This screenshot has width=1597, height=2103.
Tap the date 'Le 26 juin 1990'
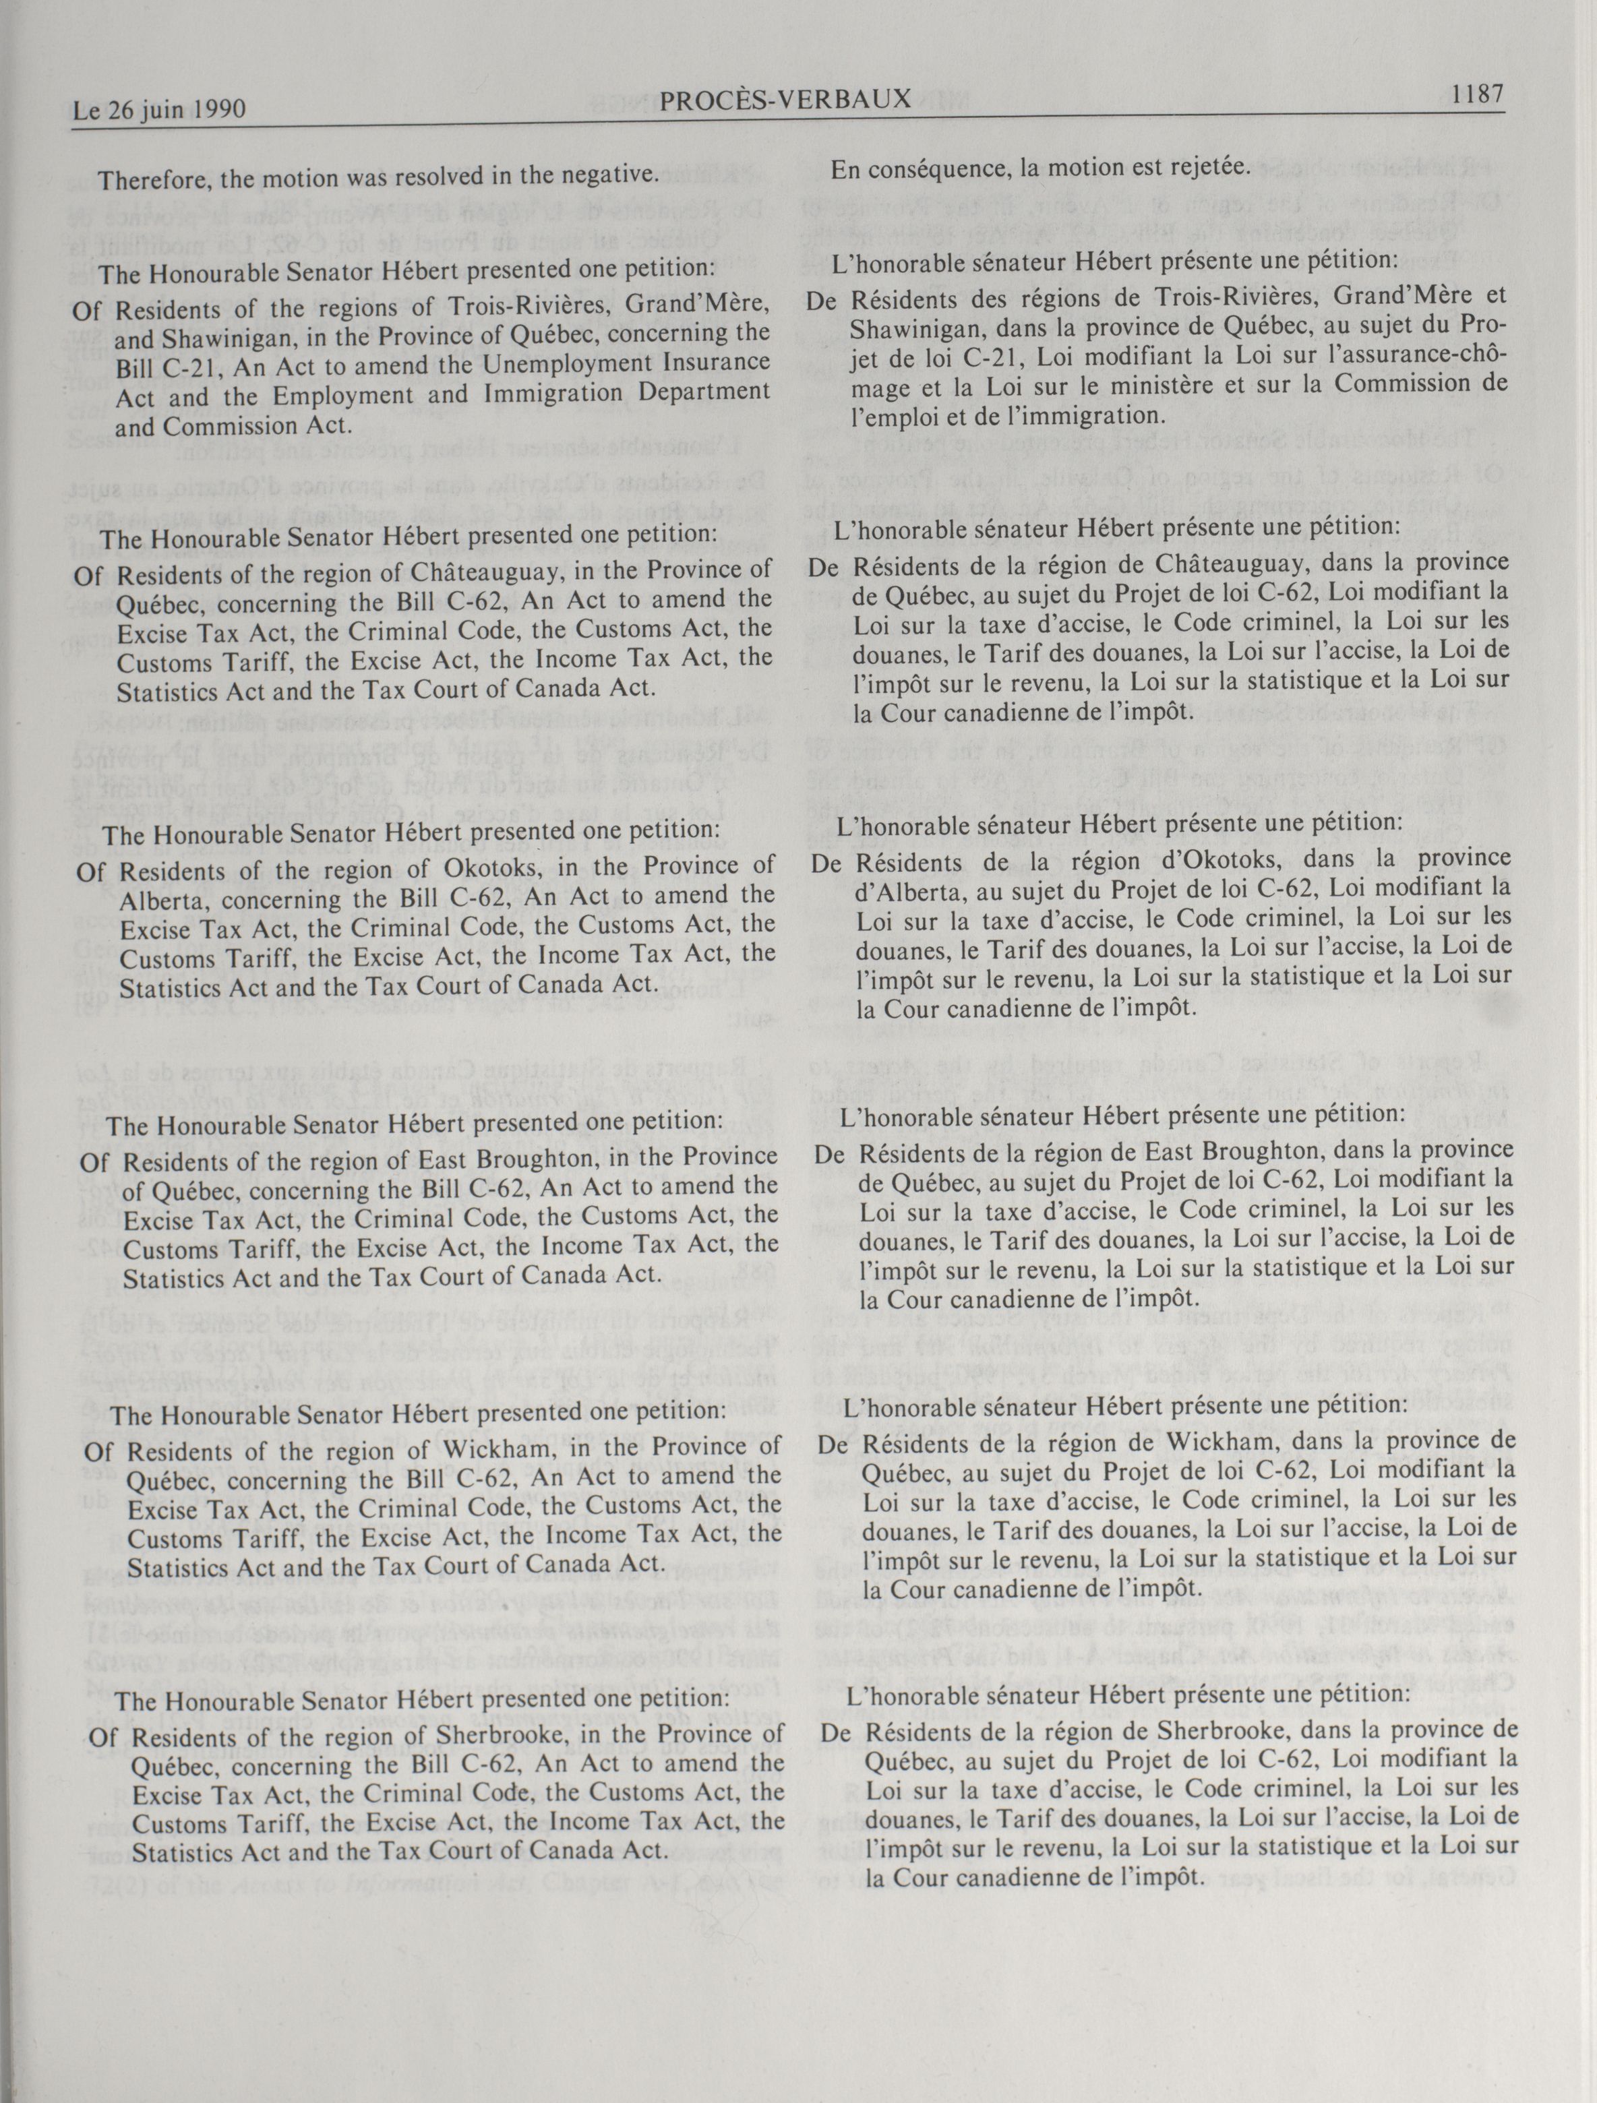(160, 111)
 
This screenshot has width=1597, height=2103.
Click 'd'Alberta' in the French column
(904, 889)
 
